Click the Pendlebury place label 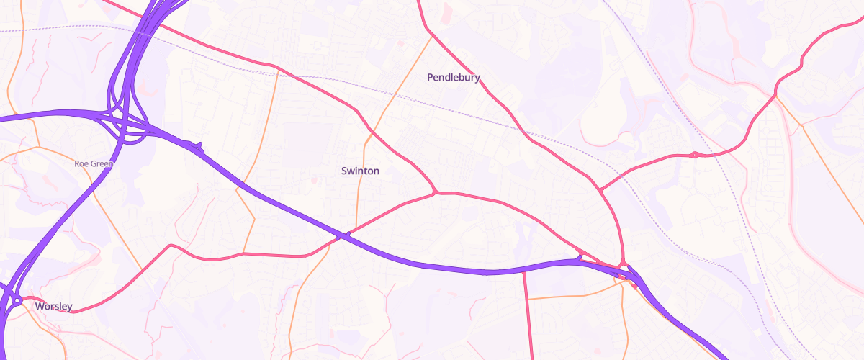453,78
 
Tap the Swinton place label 359,171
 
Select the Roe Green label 94,164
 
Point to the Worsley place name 53,307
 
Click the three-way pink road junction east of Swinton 436,192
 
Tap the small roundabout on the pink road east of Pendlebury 693,155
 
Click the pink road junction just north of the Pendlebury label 431,33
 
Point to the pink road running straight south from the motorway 527,317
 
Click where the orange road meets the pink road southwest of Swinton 244,253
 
